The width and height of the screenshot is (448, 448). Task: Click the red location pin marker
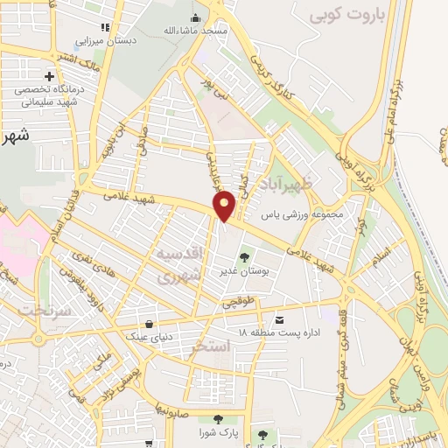[225, 205]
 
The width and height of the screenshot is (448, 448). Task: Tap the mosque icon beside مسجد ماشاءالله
[194, 17]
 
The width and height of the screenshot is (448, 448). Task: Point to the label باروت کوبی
[346, 14]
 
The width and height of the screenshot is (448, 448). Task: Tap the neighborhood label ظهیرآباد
[298, 185]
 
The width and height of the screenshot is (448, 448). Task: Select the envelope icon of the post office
[279, 320]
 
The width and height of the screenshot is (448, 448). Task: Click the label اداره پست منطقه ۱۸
[279, 334]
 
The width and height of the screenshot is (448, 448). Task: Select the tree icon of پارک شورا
[229, 419]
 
